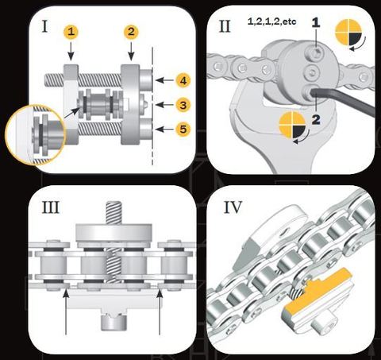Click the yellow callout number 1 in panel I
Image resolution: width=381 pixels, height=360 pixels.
point(71,32)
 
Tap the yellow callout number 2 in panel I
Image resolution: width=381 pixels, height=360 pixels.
point(131,32)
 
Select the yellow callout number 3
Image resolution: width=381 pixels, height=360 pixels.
point(183,105)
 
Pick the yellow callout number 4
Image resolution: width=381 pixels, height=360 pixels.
point(183,80)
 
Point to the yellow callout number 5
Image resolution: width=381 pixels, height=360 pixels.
point(183,130)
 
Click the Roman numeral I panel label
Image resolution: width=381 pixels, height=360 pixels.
point(45,26)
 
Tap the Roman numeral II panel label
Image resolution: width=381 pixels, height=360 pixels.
point(225,26)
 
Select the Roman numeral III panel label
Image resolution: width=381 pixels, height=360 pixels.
point(51,207)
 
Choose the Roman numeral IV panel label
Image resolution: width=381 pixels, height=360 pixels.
point(233,207)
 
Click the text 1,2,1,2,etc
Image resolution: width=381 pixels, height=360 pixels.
point(272,21)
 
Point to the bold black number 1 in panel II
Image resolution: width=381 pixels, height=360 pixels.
point(316,23)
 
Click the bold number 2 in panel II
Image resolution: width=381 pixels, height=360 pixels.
point(316,119)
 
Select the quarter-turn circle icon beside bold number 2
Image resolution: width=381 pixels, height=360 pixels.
point(293,126)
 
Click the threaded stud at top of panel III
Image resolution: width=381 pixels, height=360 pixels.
point(114,212)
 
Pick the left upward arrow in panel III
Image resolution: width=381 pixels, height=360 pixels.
point(66,312)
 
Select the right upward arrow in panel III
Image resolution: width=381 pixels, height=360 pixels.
point(160,312)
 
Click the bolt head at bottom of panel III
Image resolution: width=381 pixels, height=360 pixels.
point(114,321)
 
